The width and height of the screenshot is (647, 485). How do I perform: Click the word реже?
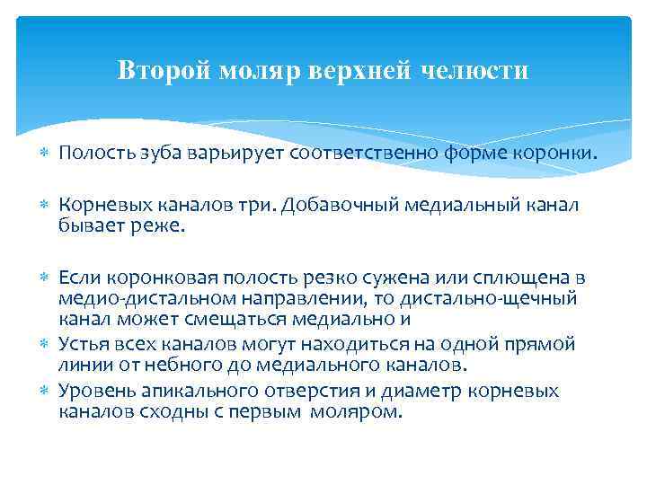point(162,227)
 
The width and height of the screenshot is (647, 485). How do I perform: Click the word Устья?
point(84,344)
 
